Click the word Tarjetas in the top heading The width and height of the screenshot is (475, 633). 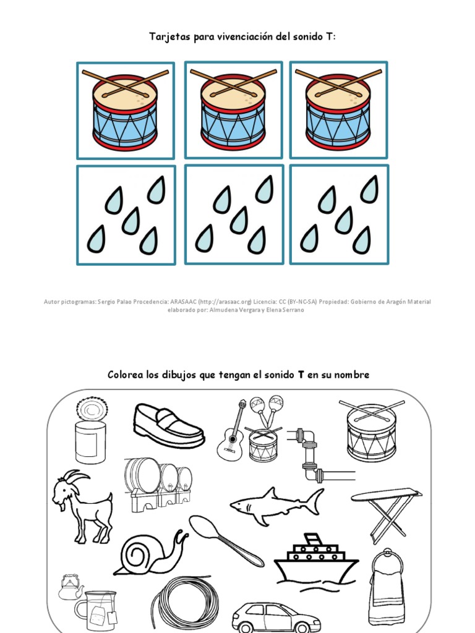pos(167,37)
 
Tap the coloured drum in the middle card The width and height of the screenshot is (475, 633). pos(233,111)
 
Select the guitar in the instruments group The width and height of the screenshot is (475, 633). pos(230,430)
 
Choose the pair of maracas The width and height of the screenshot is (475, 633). pos(267,408)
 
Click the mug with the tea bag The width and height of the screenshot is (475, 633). pos(96,608)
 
